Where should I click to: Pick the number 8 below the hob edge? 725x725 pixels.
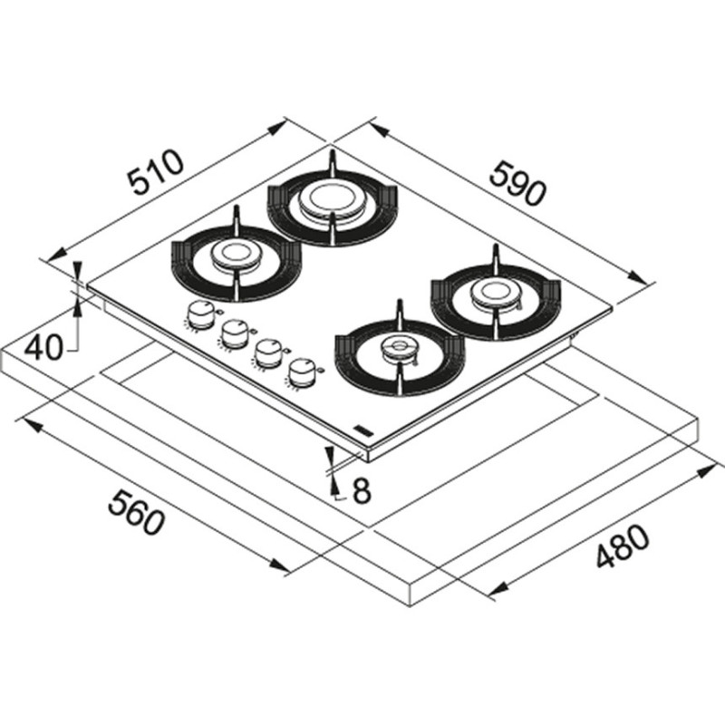pos(361,490)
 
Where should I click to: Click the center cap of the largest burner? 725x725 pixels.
pos(324,198)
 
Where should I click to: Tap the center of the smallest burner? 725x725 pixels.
pos(396,346)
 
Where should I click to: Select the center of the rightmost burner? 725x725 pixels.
pos(494,291)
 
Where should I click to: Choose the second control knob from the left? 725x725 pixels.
pos(232,333)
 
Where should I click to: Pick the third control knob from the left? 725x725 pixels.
pos(266,351)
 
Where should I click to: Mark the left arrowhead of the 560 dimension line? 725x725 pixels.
pos(26,422)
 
